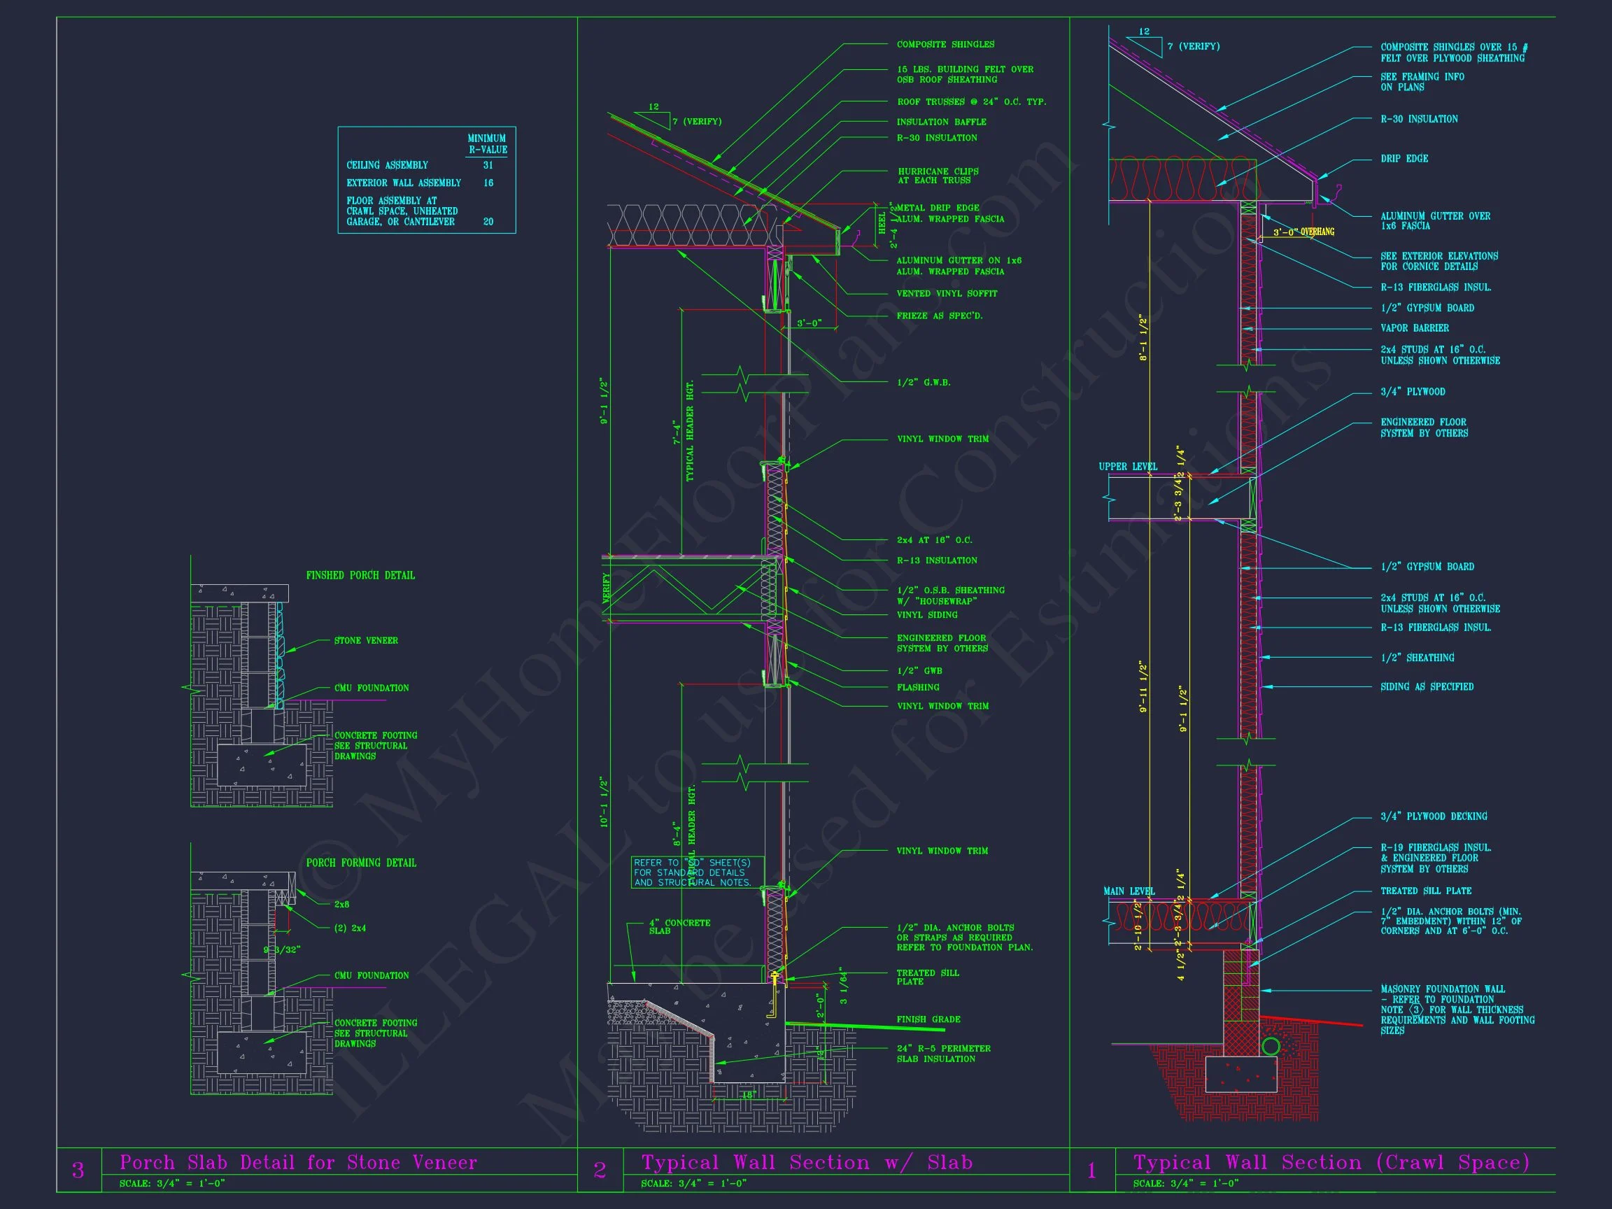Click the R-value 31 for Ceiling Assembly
tap(488, 165)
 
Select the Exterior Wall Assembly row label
tap(403, 183)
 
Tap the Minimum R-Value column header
tap(487, 143)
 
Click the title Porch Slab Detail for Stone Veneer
tap(298, 1162)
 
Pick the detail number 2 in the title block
tap(600, 1171)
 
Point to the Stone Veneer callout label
tap(366, 641)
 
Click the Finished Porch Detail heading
tap(360, 576)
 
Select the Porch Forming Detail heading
tap(361, 863)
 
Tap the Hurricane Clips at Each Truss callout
tap(938, 176)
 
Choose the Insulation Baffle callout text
tap(941, 122)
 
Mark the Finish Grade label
tap(928, 1019)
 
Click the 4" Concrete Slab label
tap(679, 926)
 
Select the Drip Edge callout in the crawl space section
tap(1404, 159)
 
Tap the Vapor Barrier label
tap(1414, 329)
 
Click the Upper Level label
tap(1127, 467)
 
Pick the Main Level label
tap(1128, 891)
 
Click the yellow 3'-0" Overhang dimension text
tap(1303, 232)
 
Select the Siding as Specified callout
tap(1426, 686)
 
